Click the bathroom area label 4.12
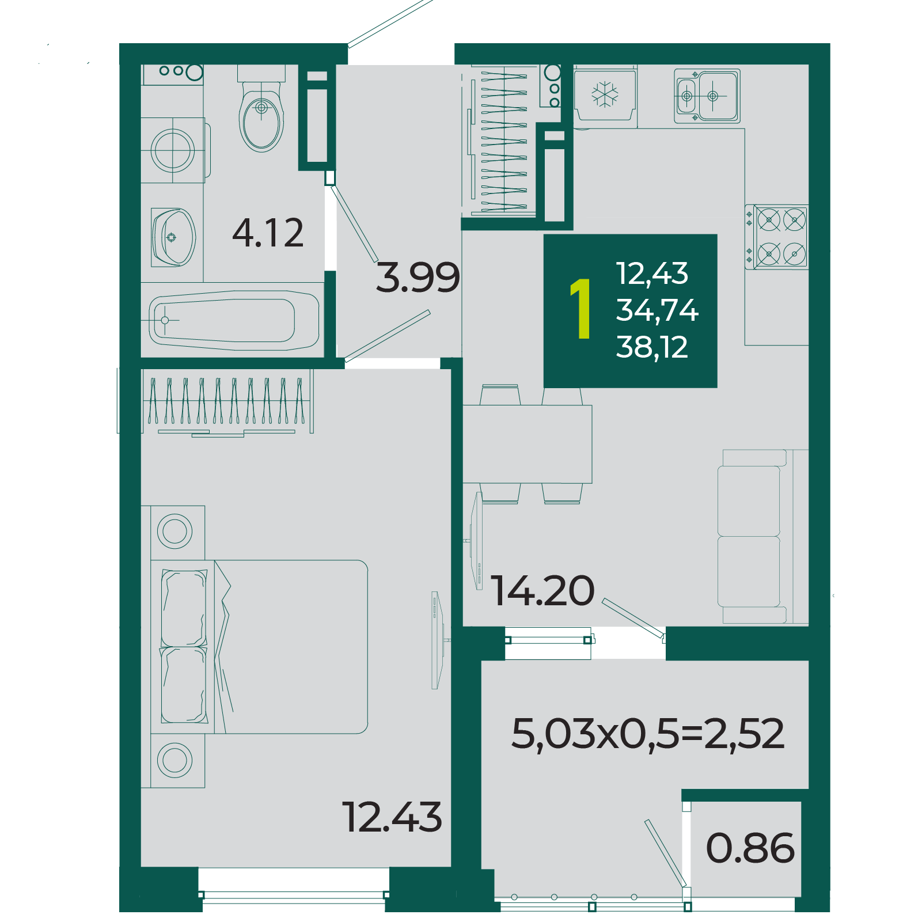[x=268, y=233]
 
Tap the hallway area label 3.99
[x=418, y=277]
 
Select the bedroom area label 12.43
[x=392, y=817]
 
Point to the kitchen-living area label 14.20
[x=542, y=591]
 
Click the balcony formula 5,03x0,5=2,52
[x=648, y=734]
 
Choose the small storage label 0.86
[x=750, y=848]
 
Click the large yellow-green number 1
[x=581, y=309]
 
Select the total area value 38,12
[x=652, y=348]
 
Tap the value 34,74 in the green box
[x=657, y=311]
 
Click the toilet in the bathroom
[x=261, y=109]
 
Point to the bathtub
[x=234, y=320]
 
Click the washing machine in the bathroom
[x=173, y=150]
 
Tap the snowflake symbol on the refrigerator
[x=605, y=94]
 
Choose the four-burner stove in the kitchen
[x=777, y=237]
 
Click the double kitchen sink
[x=707, y=96]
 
